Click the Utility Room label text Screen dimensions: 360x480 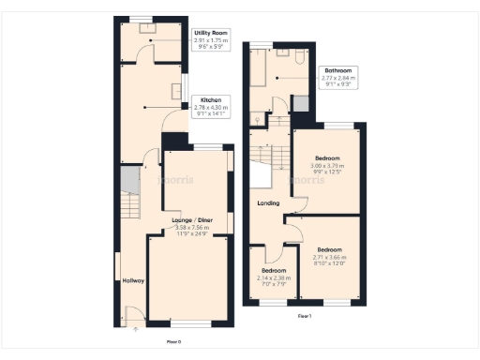211,33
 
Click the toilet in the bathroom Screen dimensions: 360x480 295,58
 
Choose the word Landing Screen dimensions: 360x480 269,202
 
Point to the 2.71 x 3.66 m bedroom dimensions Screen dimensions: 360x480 328,256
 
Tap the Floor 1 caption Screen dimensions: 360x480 304,317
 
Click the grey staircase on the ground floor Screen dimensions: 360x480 131,202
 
